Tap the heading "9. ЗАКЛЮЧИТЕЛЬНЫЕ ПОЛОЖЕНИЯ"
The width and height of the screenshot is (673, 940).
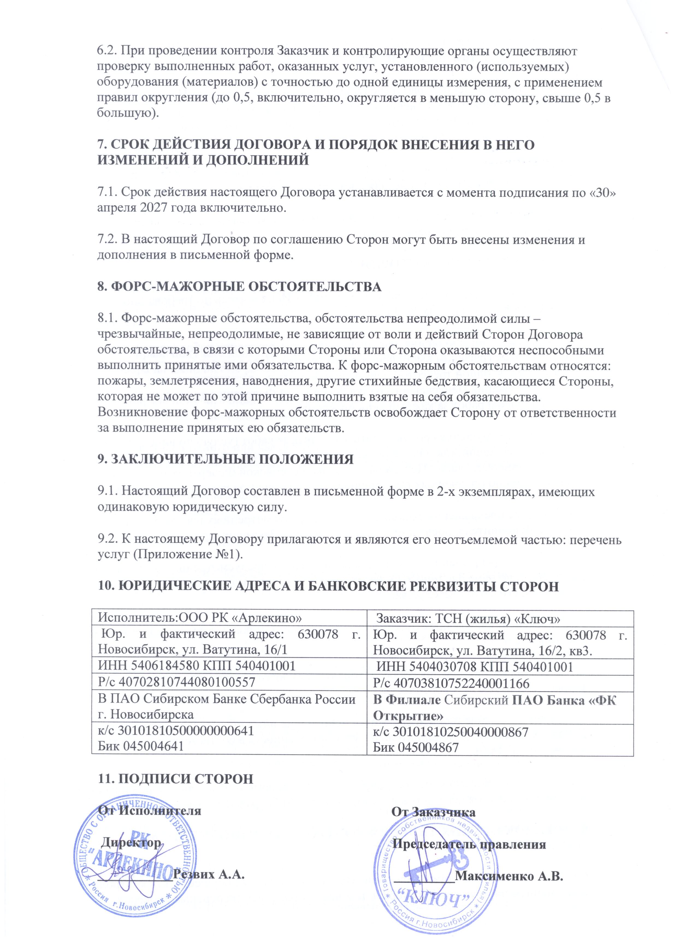[x=225, y=459]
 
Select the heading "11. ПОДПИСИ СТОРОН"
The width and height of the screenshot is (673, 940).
[x=175, y=778]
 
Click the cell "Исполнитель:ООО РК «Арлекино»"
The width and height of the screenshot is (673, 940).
[x=199, y=618]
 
